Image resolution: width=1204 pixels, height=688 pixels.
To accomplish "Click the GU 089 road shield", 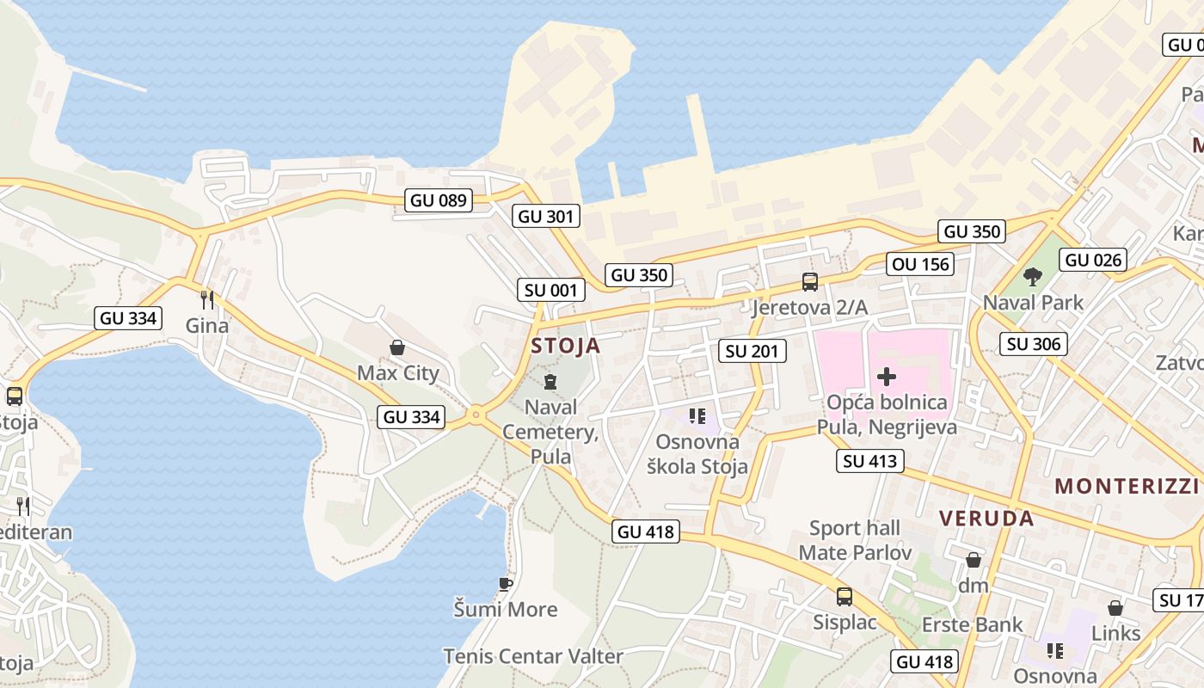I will (439, 200).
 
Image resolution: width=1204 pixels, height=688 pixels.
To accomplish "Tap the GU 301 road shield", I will (547, 216).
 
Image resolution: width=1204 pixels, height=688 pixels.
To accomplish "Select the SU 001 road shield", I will (551, 290).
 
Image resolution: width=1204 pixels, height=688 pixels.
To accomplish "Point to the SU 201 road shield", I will (752, 350).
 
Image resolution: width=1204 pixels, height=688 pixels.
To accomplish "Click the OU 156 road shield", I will (922, 264).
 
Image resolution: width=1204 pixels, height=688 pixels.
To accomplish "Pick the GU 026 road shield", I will (1094, 260).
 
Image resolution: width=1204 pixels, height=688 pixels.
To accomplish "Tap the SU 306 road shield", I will (1035, 344).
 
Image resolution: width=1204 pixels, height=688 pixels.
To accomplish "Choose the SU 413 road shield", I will (870, 461).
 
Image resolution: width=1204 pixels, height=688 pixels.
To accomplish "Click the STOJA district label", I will (566, 347).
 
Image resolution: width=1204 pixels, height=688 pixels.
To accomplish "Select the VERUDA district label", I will (986, 519).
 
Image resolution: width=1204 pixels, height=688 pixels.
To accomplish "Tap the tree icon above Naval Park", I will (1033, 277).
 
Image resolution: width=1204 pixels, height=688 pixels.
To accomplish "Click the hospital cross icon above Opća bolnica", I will (887, 376).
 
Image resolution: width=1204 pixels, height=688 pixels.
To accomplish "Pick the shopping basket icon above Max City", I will (397, 347).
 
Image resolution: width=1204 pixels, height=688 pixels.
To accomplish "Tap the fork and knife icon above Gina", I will (206, 299).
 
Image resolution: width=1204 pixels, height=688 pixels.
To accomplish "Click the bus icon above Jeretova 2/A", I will (809, 281).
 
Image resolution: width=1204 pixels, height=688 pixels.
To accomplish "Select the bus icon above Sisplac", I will (845, 596).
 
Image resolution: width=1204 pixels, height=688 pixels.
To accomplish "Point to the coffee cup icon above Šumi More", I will (506, 584).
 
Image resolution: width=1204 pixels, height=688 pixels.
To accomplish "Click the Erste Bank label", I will (973, 624).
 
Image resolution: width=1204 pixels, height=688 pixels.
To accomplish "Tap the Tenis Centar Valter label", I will (533, 656).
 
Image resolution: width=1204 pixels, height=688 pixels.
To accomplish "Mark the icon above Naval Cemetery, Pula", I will (550, 381).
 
